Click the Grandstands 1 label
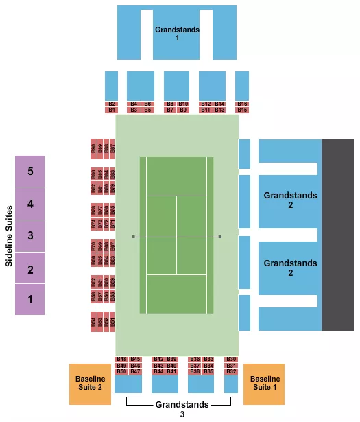click(x=176, y=34)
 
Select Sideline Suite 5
click(x=30, y=171)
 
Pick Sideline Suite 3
click(x=30, y=235)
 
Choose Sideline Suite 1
click(x=30, y=299)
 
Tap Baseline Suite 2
click(x=90, y=384)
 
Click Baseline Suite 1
click(x=264, y=384)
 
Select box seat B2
click(x=112, y=104)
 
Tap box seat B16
click(x=242, y=104)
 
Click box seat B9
click(x=183, y=110)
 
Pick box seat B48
click(x=121, y=360)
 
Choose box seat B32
click(x=231, y=372)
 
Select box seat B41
click(x=171, y=372)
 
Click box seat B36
click(x=195, y=360)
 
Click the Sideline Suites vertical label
click(x=8, y=235)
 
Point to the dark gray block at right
click(x=337, y=235)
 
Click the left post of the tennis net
click(x=133, y=237)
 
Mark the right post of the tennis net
click(x=220, y=237)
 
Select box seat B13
click(x=219, y=110)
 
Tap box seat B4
click(x=134, y=104)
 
